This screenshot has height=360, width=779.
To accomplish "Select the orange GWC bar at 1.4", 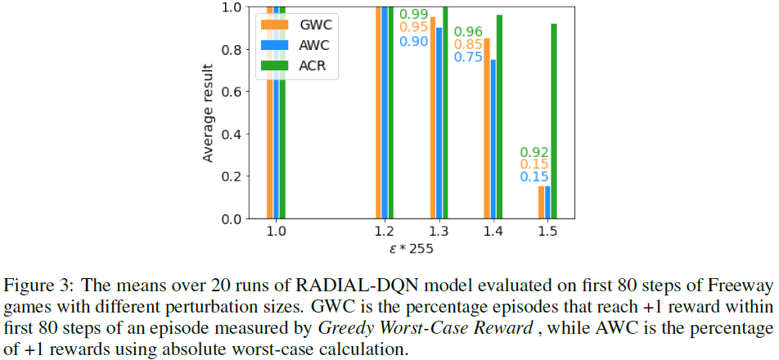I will pyautogui.click(x=487, y=128).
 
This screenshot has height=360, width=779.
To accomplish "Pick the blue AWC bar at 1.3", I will pyautogui.click(x=439, y=123).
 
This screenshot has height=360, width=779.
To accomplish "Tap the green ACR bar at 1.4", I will pyautogui.click(x=499, y=117).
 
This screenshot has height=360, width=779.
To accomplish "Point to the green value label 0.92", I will pyautogui.click(x=534, y=152).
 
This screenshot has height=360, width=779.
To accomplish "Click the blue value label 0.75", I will pyautogui.click(x=468, y=58).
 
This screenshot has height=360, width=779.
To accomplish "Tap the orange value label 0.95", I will pyautogui.click(x=413, y=28).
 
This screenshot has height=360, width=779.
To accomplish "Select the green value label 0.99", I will pyautogui.click(x=413, y=15).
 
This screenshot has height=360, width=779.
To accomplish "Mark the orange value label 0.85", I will pyautogui.click(x=468, y=45).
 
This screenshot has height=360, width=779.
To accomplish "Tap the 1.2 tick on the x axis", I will pyautogui.click(x=385, y=232).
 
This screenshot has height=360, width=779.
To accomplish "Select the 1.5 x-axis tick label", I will pyautogui.click(x=547, y=232).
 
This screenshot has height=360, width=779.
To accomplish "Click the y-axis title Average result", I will pyautogui.click(x=209, y=113).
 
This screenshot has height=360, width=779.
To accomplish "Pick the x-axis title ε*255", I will pyautogui.click(x=412, y=248).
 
